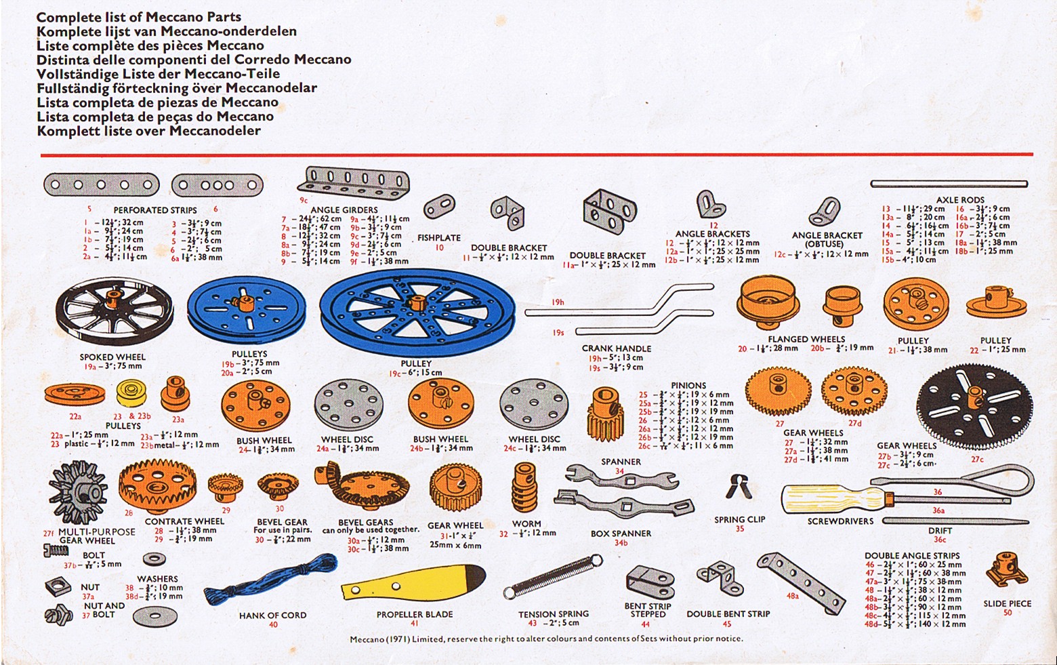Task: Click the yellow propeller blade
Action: click(x=413, y=582)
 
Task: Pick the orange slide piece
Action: click(x=1007, y=571)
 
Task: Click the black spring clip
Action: click(x=738, y=487)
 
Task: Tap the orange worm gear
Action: click(x=525, y=487)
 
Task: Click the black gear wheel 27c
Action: click(x=975, y=407)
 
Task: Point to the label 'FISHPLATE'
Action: click(x=438, y=238)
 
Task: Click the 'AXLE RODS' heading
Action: click(x=960, y=200)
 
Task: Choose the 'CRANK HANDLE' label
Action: click(x=616, y=348)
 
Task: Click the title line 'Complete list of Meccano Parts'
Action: click(x=139, y=17)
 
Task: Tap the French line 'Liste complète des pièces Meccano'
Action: click(x=150, y=45)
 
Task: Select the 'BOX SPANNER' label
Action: click(x=621, y=533)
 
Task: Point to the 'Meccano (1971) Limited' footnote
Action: click(x=546, y=639)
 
